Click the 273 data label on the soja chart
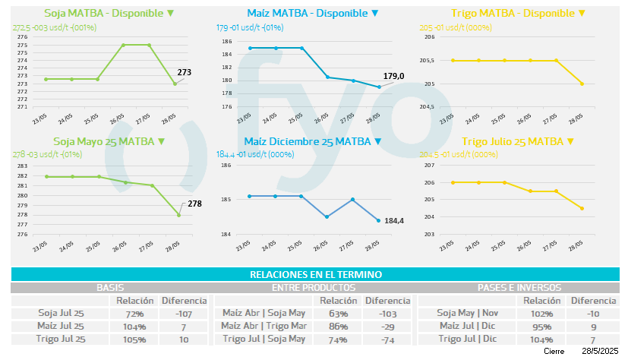click(x=185, y=73)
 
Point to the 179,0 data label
click(x=393, y=75)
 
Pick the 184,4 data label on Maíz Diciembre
click(x=394, y=221)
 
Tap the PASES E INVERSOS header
click(x=519, y=288)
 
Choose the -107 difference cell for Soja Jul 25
click(x=182, y=314)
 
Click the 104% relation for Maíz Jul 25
click(x=134, y=327)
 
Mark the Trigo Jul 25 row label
click(x=62, y=339)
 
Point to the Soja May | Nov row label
click(x=467, y=314)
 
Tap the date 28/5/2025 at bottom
click(x=598, y=352)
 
